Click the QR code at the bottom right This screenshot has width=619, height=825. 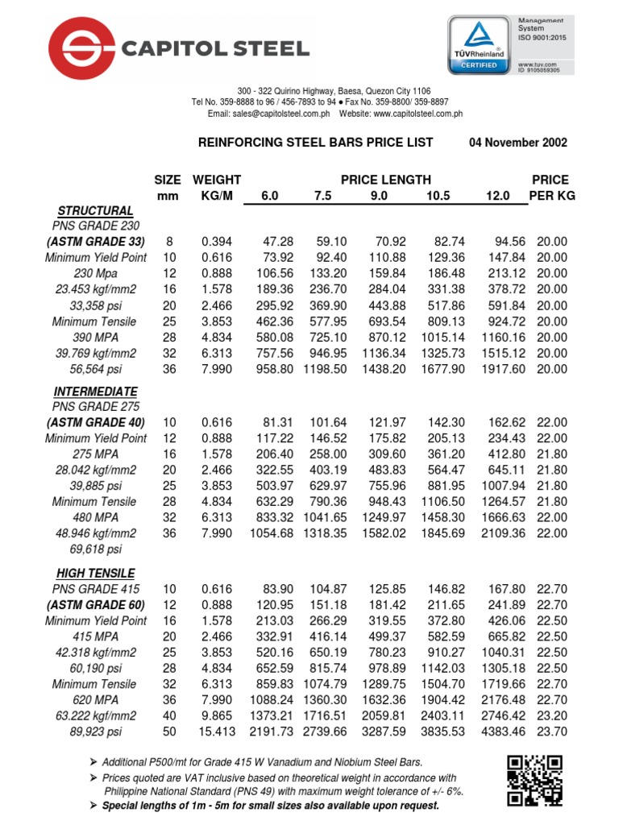535,781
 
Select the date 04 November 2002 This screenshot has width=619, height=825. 517,143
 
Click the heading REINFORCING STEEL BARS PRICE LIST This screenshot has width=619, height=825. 315,143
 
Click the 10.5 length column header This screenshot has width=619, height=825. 433,196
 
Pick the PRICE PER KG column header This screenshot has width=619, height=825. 551,188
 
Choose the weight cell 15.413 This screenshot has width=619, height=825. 214,732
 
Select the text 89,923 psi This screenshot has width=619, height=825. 95,732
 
